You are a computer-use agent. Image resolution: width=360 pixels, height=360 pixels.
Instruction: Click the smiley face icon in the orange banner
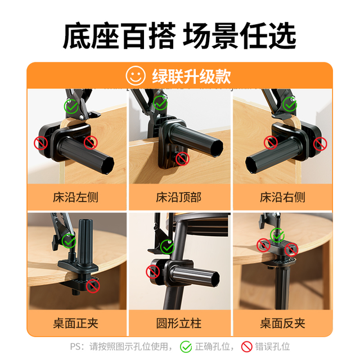pyautogui.click(x=136, y=76)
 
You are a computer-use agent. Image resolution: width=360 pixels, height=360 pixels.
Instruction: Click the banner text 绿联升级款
pyautogui.click(x=191, y=76)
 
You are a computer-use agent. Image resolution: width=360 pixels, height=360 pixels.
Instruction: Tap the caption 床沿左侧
pyautogui.click(x=75, y=197)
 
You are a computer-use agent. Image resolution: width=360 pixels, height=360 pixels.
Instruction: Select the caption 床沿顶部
pyautogui.click(x=179, y=197)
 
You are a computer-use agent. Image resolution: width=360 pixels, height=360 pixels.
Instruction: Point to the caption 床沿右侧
pyautogui.click(x=282, y=197)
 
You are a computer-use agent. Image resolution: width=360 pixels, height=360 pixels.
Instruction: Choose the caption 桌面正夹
pyautogui.click(x=75, y=323)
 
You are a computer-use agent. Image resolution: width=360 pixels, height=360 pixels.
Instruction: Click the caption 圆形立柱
pyautogui.click(x=179, y=323)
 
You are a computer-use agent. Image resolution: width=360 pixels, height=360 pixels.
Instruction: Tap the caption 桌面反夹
pyautogui.click(x=282, y=323)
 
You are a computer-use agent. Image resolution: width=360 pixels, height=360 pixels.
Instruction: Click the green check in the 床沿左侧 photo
pyautogui.click(x=71, y=106)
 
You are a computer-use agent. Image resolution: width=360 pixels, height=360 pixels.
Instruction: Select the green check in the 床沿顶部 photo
pyautogui.click(x=160, y=103)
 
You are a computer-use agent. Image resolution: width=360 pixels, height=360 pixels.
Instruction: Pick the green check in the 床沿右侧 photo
pyautogui.click(x=290, y=104)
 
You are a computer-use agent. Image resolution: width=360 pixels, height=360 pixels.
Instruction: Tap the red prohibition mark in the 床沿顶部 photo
pyautogui.click(x=182, y=159)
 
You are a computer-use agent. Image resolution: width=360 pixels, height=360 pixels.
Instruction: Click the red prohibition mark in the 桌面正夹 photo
pyautogui.click(x=93, y=286)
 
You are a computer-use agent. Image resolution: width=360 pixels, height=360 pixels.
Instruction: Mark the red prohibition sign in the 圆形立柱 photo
pyautogui.click(x=152, y=272)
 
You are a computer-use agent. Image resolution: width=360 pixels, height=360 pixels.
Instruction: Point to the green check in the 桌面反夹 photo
pyautogui.click(x=277, y=235)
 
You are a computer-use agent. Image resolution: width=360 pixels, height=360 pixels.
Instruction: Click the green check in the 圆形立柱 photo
pyautogui.click(x=168, y=247)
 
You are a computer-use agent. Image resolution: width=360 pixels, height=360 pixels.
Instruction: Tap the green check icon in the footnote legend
pyautogui.click(x=186, y=346)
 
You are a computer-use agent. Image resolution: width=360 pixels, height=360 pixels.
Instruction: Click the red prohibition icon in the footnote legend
pyautogui.click(x=247, y=346)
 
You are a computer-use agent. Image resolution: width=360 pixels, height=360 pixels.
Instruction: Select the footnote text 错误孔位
pyautogui.click(x=272, y=346)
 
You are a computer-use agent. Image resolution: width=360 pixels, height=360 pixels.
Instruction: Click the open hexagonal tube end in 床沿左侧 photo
pyautogui.click(x=106, y=165)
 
